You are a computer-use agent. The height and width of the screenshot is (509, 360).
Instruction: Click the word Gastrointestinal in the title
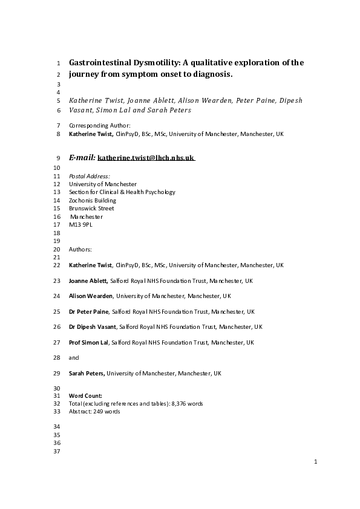pos(100,62)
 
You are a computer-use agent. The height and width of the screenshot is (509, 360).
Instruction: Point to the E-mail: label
pos(82,157)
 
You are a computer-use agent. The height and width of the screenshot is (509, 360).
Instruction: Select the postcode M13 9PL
pos(81,224)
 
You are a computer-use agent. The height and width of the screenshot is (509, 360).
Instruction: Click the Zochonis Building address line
pos(93,200)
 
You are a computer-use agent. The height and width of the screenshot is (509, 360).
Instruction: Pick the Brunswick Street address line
pos(91,209)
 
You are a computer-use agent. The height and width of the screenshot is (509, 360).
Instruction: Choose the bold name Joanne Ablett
pos(88,280)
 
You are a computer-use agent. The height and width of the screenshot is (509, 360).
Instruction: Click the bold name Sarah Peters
pos(87,374)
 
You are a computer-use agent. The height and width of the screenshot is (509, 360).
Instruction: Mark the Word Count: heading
pos(85,395)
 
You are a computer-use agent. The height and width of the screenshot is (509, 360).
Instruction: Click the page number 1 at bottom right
pos(315,462)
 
